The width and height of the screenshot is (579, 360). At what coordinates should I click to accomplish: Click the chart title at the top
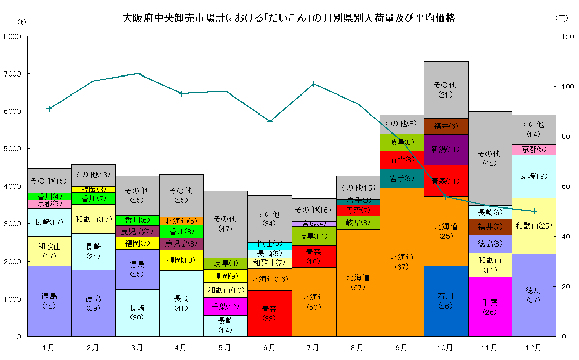pyautogui.click(x=289, y=18)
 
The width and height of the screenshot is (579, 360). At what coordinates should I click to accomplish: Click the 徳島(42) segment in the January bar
pyautogui.click(x=49, y=301)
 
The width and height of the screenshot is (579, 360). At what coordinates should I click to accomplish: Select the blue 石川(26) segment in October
pyautogui.click(x=446, y=301)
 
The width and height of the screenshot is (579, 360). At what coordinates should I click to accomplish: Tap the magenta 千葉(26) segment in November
pyautogui.click(x=490, y=307)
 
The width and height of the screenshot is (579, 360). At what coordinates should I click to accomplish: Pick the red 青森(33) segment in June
pyautogui.click(x=269, y=313)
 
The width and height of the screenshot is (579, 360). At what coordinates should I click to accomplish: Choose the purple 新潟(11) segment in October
pyautogui.click(x=446, y=149)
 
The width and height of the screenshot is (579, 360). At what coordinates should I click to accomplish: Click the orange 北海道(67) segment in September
pyautogui.click(x=402, y=262)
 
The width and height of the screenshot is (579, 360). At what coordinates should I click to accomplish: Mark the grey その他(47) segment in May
pyautogui.click(x=226, y=224)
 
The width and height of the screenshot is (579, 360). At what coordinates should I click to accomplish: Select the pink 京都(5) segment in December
pyautogui.click(x=534, y=149)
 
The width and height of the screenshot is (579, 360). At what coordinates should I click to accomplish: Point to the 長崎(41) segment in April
pyautogui.click(x=181, y=303)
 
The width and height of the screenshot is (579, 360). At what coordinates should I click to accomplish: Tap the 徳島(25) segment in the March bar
pyautogui.click(x=137, y=269)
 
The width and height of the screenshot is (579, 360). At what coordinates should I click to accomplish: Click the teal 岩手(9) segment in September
pyautogui.click(x=402, y=179)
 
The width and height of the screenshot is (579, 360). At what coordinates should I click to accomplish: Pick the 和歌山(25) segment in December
pyautogui.click(x=534, y=225)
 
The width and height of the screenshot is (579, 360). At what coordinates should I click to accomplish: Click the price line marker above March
pyautogui.click(x=137, y=73)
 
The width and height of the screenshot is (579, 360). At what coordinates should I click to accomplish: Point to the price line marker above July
pyautogui.click(x=313, y=84)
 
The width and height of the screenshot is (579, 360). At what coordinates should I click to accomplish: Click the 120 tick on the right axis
pyautogui.click(x=567, y=37)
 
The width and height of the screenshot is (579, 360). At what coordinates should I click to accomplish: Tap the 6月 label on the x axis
pyautogui.click(x=269, y=348)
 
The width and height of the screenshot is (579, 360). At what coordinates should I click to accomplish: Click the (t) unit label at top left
pyautogui.click(x=22, y=21)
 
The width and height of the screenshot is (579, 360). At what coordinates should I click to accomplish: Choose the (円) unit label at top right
pyautogui.click(x=562, y=18)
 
